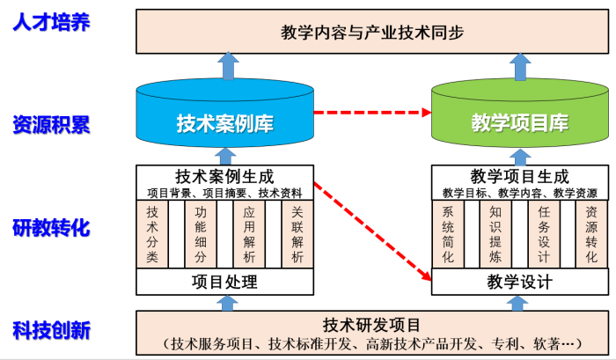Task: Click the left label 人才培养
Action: [x=51, y=21]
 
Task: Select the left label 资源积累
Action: [x=51, y=124]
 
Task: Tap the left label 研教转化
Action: [x=51, y=228]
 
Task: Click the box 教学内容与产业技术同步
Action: [x=372, y=32]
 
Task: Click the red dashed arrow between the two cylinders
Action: [x=372, y=113]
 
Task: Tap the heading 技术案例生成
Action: [x=225, y=176]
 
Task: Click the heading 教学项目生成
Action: [x=519, y=176]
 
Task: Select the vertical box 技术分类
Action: [x=153, y=234]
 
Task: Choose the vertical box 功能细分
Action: [x=202, y=234]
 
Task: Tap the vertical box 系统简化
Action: [x=448, y=234]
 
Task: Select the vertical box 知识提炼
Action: [x=495, y=234]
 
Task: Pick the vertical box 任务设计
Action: [x=543, y=234]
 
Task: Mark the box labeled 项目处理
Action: [x=225, y=282]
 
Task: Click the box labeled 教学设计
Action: [x=519, y=282]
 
